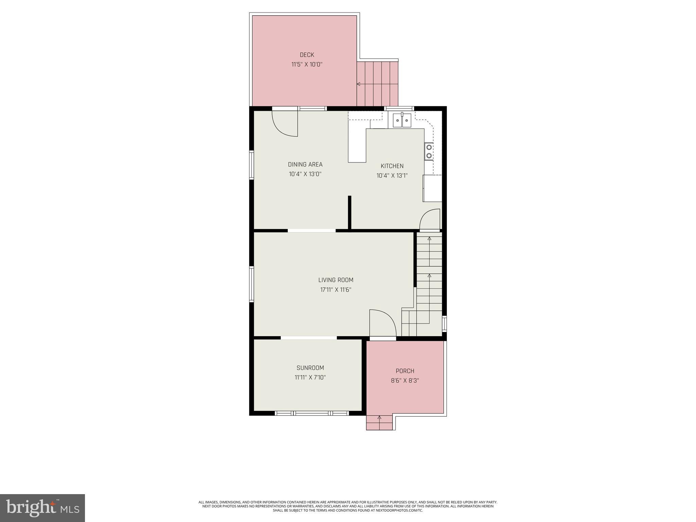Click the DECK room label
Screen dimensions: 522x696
(x=307, y=55)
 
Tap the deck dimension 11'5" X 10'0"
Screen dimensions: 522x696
(x=307, y=64)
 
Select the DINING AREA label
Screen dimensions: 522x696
(x=305, y=164)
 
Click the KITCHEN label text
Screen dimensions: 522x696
(x=392, y=166)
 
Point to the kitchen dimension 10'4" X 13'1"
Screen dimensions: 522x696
(x=392, y=176)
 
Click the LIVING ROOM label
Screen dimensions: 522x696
(x=336, y=280)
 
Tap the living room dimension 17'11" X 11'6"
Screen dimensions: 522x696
(x=336, y=290)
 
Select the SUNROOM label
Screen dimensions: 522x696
(x=310, y=368)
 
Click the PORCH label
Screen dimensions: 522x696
(x=405, y=371)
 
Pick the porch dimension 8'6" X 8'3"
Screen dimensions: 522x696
(x=405, y=381)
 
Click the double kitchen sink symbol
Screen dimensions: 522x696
(x=402, y=120)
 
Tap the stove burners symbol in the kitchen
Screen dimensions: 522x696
(x=429, y=152)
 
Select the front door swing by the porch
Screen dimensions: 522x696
(x=383, y=323)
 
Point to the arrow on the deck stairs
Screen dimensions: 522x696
(x=359, y=84)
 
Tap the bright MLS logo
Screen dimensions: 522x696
(x=42, y=508)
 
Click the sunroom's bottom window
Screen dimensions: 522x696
(x=312, y=413)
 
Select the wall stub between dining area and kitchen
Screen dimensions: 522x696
(x=349, y=213)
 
